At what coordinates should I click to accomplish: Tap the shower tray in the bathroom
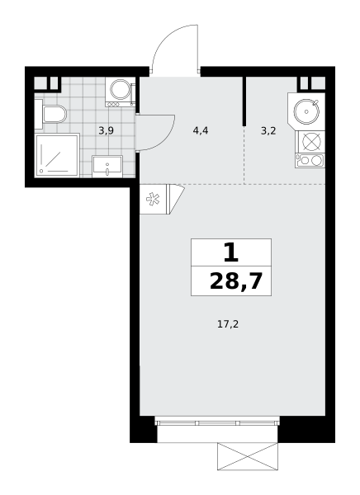[57, 155]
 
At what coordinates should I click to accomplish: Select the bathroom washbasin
[107, 166]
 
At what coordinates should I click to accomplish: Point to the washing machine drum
[120, 89]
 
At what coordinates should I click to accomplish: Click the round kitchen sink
[306, 111]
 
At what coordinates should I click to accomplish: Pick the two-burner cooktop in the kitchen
[310, 160]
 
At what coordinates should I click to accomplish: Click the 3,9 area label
[106, 130]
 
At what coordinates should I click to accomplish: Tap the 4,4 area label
[201, 130]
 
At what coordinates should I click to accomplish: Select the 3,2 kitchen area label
[268, 130]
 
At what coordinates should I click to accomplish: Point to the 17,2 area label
[228, 324]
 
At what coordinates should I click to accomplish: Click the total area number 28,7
[236, 281]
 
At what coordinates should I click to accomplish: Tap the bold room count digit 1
[230, 253]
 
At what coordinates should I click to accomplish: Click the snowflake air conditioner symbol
[153, 199]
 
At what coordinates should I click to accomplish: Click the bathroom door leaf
[155, 133]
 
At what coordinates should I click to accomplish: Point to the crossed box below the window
[248, 456]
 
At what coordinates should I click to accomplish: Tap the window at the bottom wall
[217, 422]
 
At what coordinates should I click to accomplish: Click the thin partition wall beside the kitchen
[244, 101]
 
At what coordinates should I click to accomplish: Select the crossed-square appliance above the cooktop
[311, 141]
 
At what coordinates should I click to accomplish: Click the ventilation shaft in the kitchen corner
[312, 83]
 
